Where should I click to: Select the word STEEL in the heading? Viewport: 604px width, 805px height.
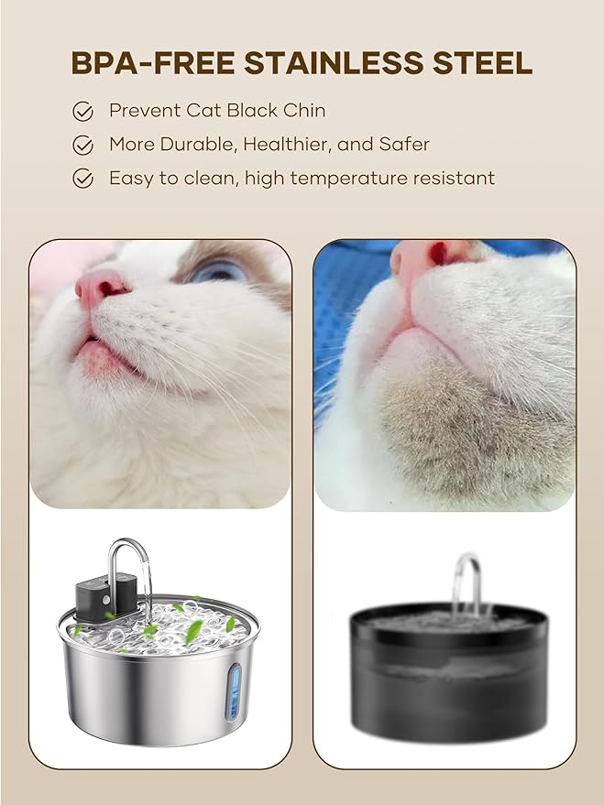click(483, 62)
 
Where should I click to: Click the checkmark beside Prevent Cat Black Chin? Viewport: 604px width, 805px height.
click(83, 112)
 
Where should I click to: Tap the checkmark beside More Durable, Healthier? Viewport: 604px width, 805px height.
click(83, 145)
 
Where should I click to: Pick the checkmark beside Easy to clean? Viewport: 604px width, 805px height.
click(83, 179)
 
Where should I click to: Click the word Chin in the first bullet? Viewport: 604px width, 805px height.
click(305, 111)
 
